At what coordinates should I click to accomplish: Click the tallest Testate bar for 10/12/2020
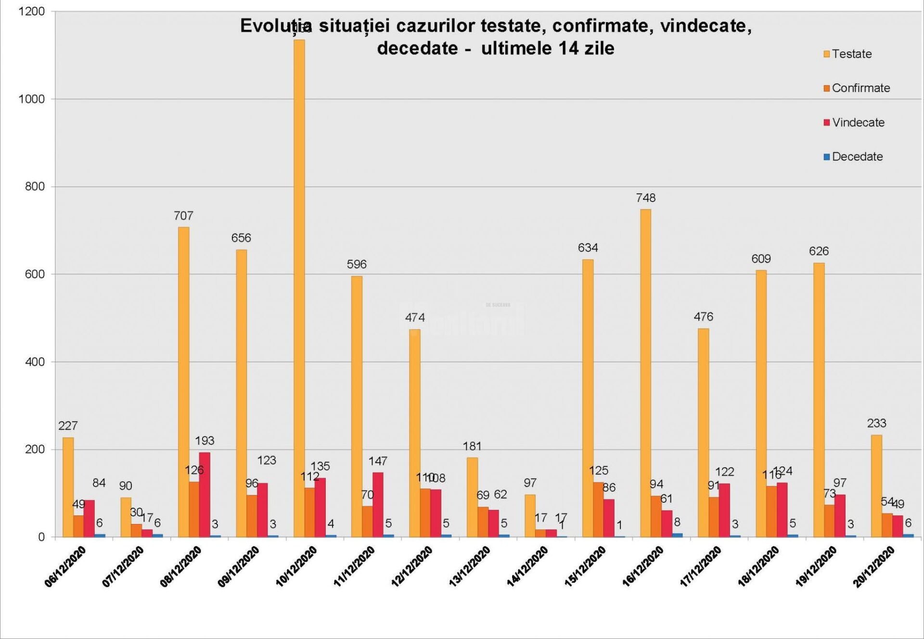(299, 289)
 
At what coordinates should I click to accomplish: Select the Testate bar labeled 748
(645, 373)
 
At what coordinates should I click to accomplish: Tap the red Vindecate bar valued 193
(205, 495)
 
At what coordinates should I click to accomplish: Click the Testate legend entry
(848, 54)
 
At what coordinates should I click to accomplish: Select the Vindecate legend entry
(854, 122)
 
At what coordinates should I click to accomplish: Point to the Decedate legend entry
(853, 156)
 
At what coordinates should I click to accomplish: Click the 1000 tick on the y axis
(31, 99)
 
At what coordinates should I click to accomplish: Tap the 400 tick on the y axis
(35, 362)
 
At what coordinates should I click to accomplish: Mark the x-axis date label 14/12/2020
(528, 566)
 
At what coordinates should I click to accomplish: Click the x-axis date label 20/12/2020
(874, 566)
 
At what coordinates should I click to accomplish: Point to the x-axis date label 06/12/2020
(65, 566)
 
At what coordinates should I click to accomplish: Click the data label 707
(183, 216)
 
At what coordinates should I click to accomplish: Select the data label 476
(703, 317)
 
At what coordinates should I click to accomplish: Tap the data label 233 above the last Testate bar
(876, 423)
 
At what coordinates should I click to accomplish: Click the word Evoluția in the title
(276, 26)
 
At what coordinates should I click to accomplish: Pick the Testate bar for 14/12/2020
(530, 515)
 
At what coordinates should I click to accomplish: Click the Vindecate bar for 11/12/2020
(378, 504)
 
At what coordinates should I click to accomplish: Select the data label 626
(819, 251)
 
